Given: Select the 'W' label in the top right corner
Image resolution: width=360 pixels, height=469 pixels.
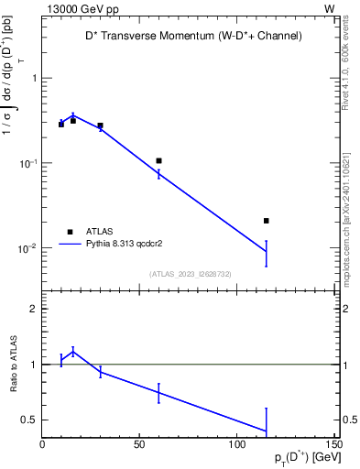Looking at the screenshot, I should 329,8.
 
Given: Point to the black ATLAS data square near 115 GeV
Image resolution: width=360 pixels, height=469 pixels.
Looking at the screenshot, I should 266,221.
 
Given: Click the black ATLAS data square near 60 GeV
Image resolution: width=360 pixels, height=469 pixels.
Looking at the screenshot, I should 158,161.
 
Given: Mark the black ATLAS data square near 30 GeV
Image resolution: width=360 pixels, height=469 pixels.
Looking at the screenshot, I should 100,125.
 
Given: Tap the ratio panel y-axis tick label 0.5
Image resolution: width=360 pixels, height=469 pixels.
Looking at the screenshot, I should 28,420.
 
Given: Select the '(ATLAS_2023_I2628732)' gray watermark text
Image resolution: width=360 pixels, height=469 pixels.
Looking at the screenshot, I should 191,273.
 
